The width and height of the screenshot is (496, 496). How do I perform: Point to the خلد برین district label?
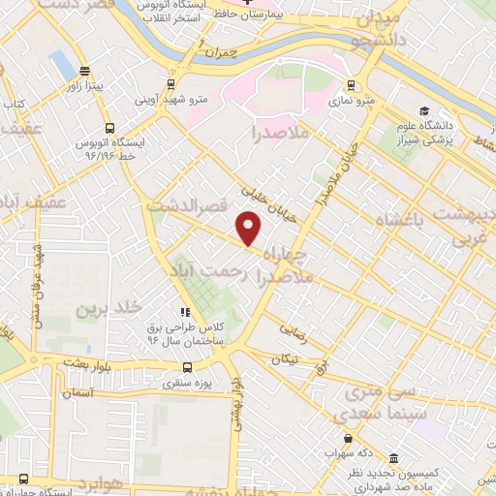102,309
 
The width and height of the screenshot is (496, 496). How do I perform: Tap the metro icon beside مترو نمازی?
351,84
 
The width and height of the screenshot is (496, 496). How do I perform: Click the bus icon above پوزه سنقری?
188,368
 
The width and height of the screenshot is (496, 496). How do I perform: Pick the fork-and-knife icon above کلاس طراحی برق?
184,312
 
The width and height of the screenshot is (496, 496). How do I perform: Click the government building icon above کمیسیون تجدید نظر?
392,458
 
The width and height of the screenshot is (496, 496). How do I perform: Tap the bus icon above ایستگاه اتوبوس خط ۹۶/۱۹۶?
108,127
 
